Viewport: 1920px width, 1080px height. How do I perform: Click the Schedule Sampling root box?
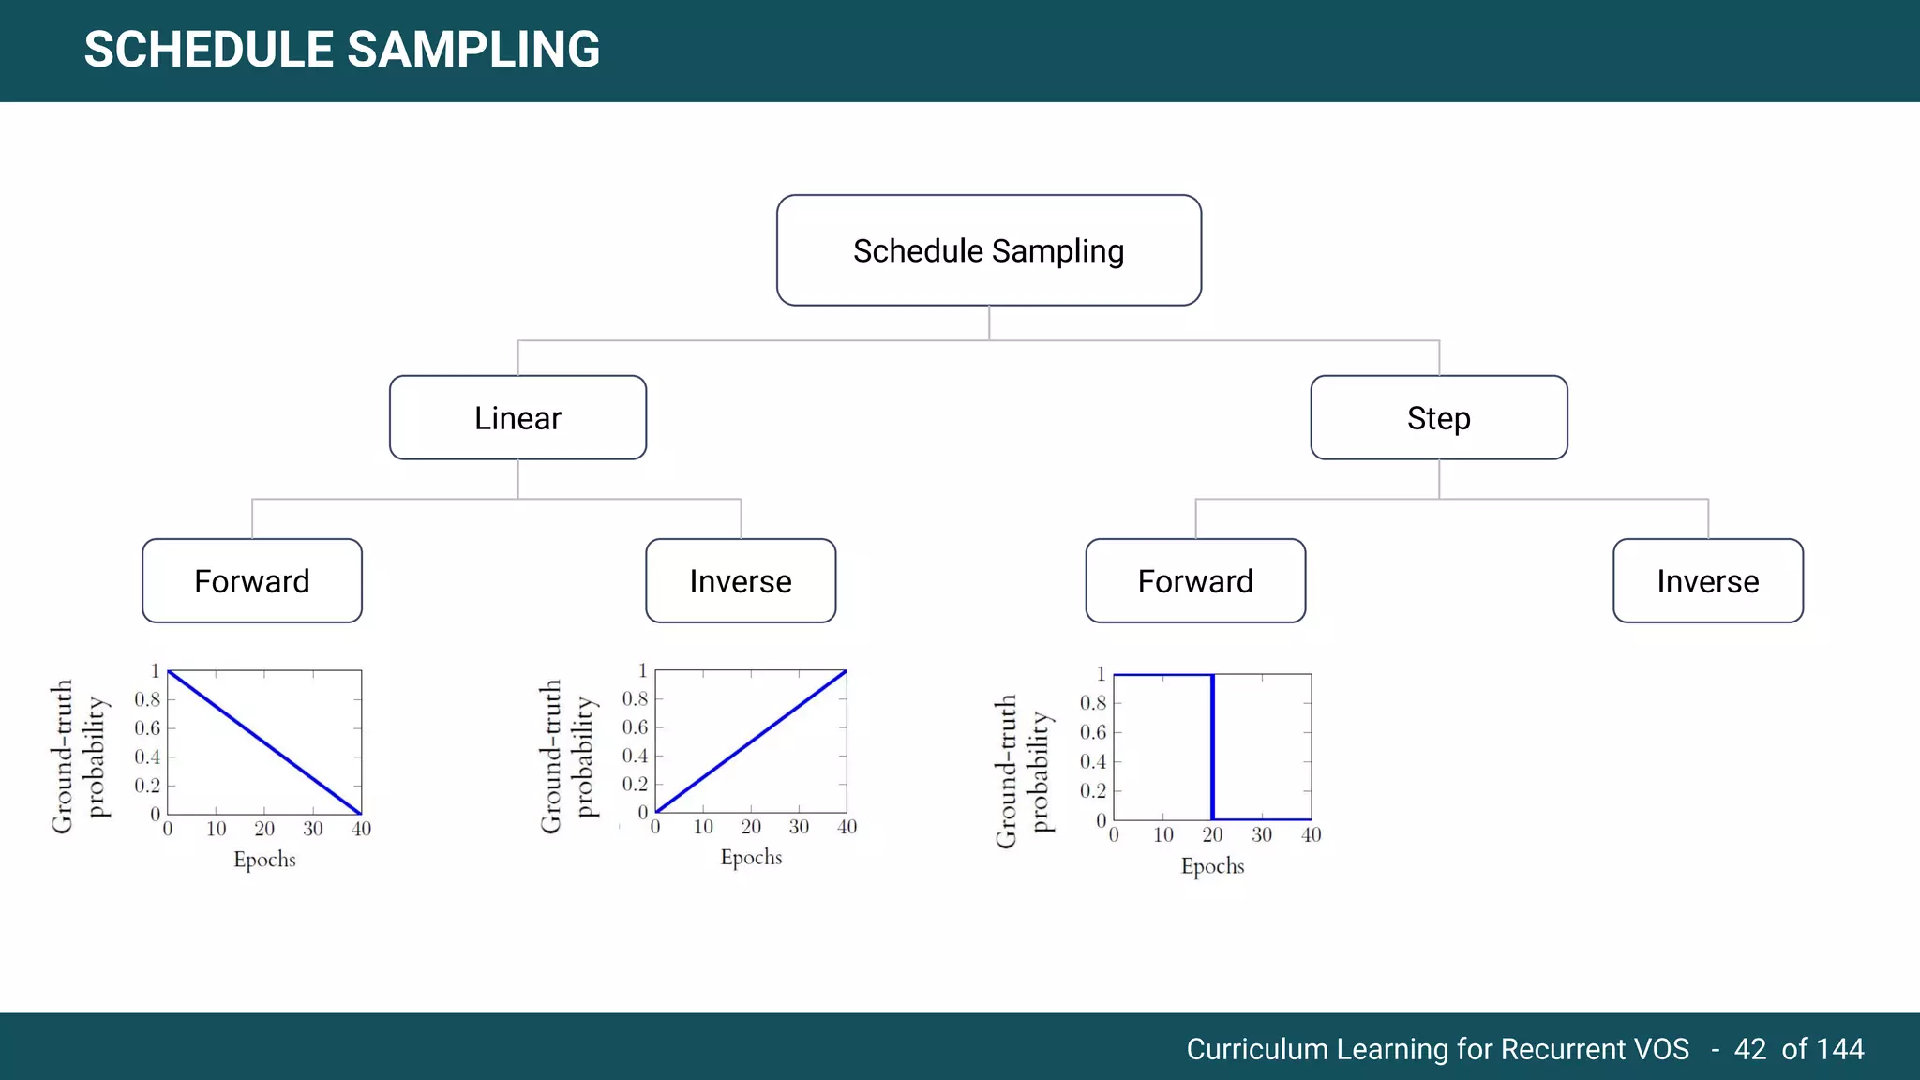(988, 250)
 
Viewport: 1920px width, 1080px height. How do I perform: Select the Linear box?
(517, 418)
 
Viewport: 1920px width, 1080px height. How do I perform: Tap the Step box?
(1438, 418)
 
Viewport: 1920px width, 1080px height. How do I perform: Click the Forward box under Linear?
(251, 581)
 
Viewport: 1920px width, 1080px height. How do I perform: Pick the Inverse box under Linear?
(741, 581)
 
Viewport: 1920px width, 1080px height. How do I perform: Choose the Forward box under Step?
(1195, 581)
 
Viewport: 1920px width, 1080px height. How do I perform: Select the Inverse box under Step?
(1707, 581)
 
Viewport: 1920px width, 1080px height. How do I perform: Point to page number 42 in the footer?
(1749, 1049)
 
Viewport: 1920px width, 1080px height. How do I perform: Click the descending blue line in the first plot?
(264, 742)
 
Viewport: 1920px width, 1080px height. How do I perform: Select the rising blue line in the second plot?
(751, 742)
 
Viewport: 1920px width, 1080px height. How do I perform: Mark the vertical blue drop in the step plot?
(1212, 747)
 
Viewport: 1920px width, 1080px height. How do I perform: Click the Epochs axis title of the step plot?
(1212, 866)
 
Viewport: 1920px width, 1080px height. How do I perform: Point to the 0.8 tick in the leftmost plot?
(147, 699)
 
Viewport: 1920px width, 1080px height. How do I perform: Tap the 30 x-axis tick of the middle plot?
(799, 827)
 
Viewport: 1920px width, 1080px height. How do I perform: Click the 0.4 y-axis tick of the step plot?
(1092, 761)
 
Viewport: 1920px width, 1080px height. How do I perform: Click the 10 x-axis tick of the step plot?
(1162, 834)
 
